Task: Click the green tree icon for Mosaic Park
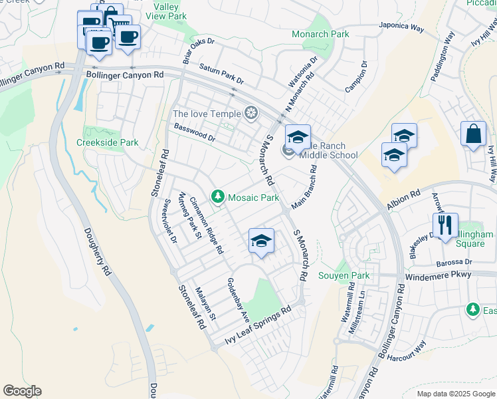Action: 217,196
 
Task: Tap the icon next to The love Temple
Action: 251,114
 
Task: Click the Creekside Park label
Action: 107,142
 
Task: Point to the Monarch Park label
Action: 320,33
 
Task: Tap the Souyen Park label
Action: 343,275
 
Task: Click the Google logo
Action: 22,391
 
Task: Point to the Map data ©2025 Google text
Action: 455,394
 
